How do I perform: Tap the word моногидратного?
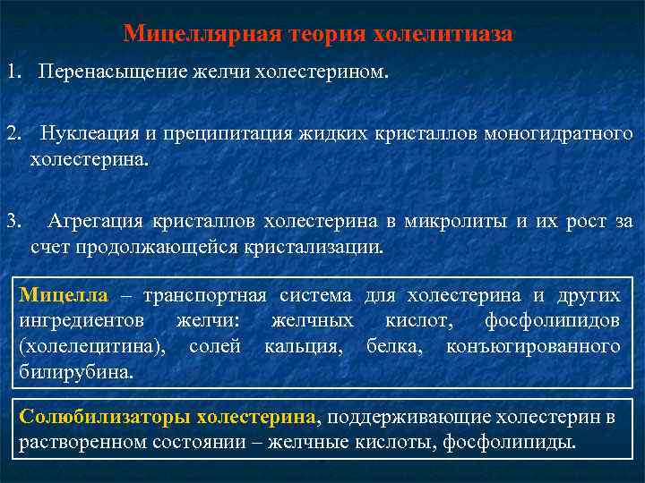[557, 134]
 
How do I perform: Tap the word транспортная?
[205, 296]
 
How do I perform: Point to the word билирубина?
[75, 370]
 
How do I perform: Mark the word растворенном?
[84, 442]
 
